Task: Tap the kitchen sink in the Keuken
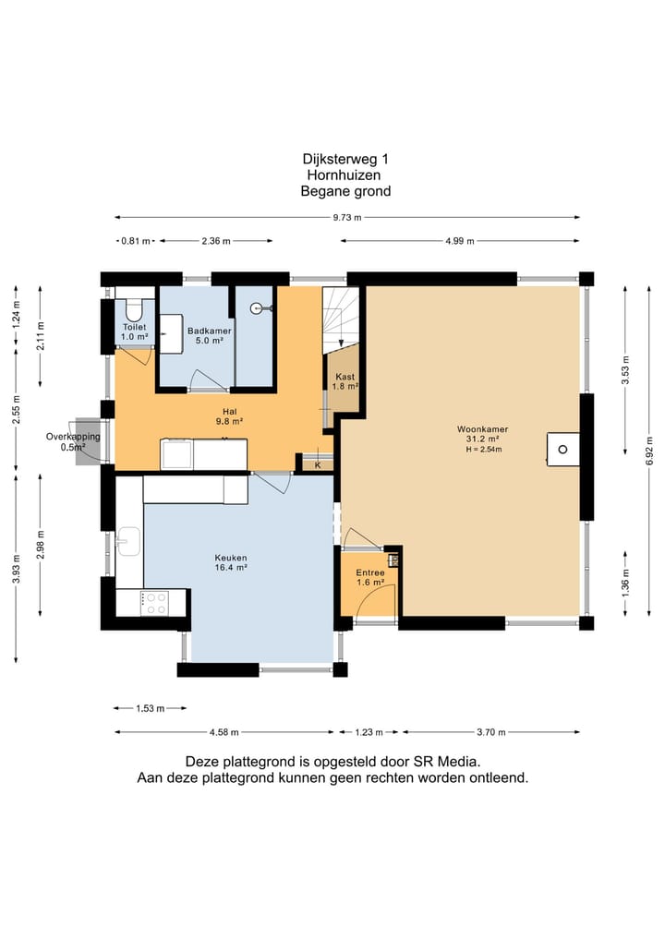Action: [x=128, y=541]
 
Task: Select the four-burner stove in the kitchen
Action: [x=154, y=603]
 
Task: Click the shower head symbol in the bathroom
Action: [x=260, y=308]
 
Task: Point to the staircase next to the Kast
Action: [x=341, y=320]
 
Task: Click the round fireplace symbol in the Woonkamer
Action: [x=562, y=449]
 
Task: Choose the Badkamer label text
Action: [x=209, y=331]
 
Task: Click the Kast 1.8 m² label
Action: [x=345, y=381]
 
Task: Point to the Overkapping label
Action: [x=73, y=437]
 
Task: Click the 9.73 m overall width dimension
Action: [x=347, y=217]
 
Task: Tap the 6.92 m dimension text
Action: [x=649, y=451]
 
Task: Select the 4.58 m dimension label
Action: [x=224, y=732]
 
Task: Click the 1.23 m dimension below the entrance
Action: [x=369, y=732]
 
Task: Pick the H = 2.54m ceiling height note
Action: [x=483, y=449]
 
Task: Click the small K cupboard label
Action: [x=318, y=465]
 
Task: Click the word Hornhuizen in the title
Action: [x=344, y=175]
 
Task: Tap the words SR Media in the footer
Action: [x=446, y=762]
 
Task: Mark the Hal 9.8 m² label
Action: [x=229, y=416]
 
